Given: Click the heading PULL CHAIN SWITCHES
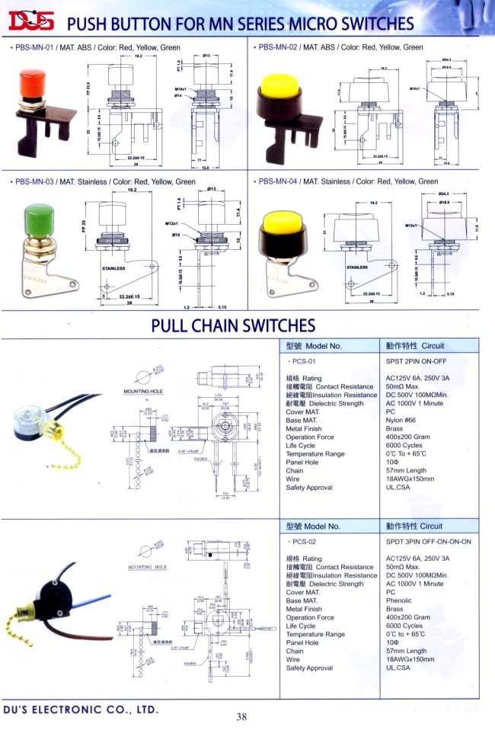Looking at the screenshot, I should click(x=233, y=325).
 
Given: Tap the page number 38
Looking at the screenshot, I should click(x=241, y=716).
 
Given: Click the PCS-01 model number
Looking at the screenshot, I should click(x=305, y=363).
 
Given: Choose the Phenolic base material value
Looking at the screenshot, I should click(x=401, y=600).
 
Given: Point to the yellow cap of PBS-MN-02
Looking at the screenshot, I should click(x=279, y=87).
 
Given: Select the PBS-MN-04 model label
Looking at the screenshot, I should click(x=282, y=182).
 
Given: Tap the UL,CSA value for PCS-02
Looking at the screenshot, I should click(x=399, y=667).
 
